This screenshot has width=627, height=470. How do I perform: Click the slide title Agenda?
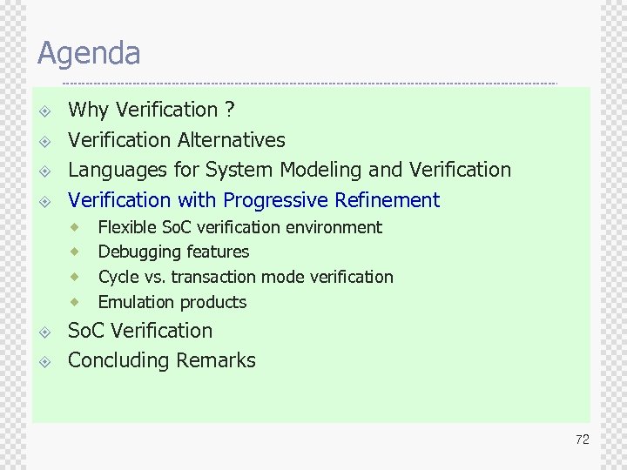[88, 54]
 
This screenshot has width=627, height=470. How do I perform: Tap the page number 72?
[582, 440]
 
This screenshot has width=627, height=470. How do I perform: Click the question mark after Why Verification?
[229, 110]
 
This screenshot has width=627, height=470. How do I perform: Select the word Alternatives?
[231, 139]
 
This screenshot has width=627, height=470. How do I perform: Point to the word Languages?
[112, 170]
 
